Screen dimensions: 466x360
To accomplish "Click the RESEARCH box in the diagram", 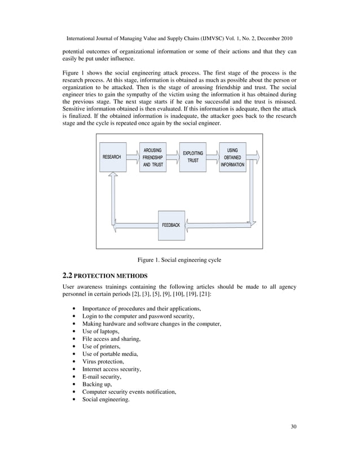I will point(112,157).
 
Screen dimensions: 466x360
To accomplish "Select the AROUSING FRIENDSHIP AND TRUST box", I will point(153,157).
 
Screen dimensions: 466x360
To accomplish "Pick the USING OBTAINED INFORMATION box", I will point(232,157).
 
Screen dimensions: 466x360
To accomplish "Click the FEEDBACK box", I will point(171,225).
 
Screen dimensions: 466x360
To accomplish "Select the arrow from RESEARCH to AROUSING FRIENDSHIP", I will point(133,157).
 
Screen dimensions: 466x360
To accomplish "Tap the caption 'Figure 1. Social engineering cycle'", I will point(179,260).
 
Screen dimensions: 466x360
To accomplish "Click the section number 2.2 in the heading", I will point(67,276).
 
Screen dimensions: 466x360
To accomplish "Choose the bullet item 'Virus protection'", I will point(103,362).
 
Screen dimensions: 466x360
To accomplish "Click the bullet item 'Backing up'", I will point(98,384).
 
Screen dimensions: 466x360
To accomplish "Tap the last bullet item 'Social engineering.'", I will point(106,399).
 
